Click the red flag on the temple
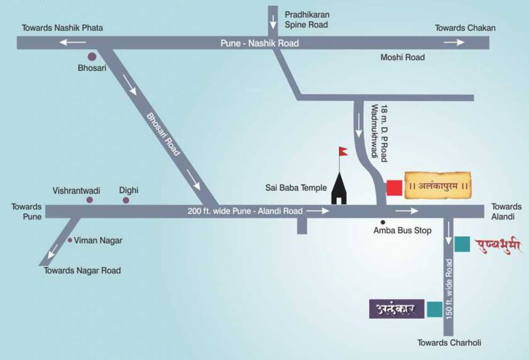coord(344,151)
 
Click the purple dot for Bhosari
coord(92,57)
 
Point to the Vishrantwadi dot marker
coord(90,200)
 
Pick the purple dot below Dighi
coord(126,201)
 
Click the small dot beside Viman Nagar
coord(70,240)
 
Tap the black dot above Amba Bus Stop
coord(383,222)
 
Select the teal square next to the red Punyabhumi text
coord(462,244)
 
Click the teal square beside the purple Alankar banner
coord(435,309)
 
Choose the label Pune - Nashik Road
coord(260,43)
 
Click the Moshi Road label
coord(402,58)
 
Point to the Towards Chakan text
coord(465,28)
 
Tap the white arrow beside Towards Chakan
coord(454,43)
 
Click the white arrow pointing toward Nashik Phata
coord(72,43)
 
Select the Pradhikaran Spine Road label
coord(306,20)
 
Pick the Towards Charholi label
coord(449,343)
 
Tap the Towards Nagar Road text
coord(83,270)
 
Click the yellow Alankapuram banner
coord(438,186)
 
